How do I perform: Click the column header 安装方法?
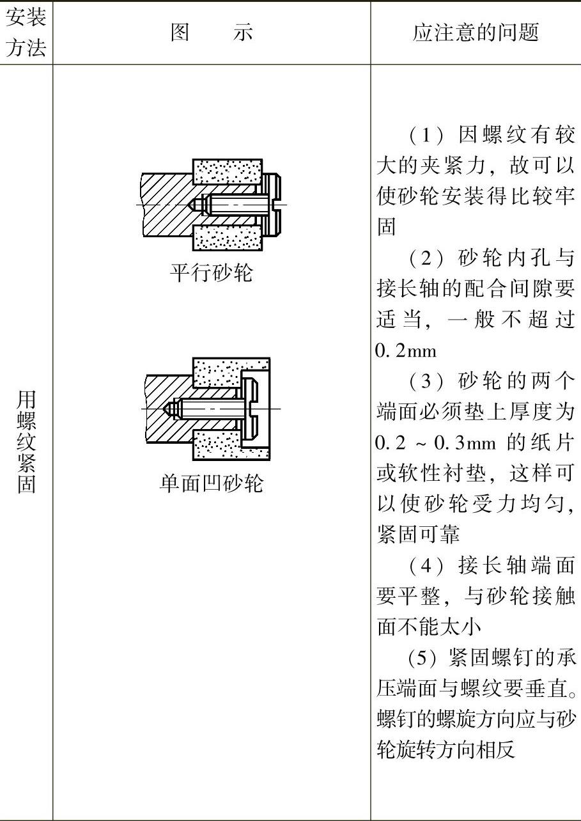tap(26, 33)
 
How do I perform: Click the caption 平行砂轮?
tap(212, 273)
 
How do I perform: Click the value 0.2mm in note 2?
tap(407, 351)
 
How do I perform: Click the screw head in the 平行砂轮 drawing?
tap(272, 205)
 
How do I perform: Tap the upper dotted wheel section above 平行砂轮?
tap(228, 171)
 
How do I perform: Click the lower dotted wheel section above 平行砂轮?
tap(228, 238)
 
